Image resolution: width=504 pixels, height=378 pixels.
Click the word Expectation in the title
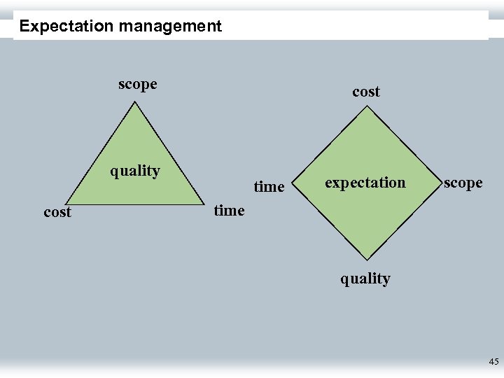[66, 27]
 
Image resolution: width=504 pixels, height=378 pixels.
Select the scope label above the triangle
[138, 85]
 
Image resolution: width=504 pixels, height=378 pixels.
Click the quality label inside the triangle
[135, 171]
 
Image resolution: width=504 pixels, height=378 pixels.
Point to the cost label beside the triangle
[57, 212]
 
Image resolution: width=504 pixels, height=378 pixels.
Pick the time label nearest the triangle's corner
[230, 210]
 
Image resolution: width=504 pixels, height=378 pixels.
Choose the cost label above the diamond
[366, 92]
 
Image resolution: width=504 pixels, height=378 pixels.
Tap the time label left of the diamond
[269, 187]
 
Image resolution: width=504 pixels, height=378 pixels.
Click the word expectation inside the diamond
[365, 183]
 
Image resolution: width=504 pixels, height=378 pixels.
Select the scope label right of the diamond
[463, 183]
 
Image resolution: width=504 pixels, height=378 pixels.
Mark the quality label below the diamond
[365, 279]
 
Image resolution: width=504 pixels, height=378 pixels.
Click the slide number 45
[493, 362]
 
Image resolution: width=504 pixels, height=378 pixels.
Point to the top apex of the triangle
[136, 102]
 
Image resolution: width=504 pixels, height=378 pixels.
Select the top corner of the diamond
[365, 107]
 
